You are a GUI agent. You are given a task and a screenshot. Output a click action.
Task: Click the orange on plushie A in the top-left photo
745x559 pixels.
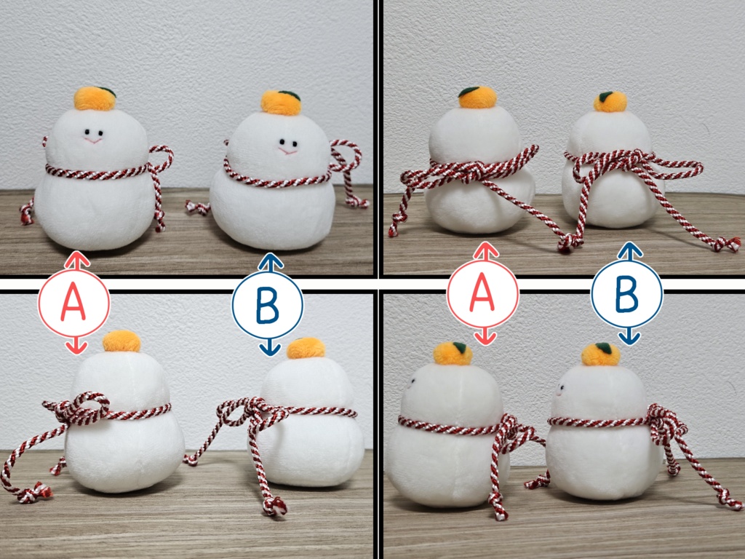click(x=95, y=98)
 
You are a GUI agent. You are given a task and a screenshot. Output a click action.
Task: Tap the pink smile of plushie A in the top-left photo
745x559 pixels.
click(x=93, y=140)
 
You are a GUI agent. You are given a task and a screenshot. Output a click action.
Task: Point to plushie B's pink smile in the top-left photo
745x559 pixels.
click(x=287, y=151)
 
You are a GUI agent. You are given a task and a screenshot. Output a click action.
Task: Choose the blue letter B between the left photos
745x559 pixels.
click(x=267, y=305)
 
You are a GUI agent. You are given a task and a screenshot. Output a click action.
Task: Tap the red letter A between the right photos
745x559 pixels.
click(x=482, y=294)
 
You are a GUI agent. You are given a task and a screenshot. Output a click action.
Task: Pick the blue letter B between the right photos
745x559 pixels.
click(x=626, y=293)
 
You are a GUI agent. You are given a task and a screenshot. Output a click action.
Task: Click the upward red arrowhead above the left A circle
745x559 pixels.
click(x=77, y=259)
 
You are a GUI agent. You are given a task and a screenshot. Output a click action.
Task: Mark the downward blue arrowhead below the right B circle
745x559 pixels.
click(x=629, y=337)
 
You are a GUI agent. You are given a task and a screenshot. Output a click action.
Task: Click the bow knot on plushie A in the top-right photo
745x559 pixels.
click(x=471, y=170)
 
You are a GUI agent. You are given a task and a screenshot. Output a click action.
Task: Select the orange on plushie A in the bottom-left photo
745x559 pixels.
click(x=121, y=341)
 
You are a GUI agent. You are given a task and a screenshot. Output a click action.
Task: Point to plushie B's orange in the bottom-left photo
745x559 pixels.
click(x=306, y=348)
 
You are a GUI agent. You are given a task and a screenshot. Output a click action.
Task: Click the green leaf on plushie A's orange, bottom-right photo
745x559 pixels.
click(x=459, y=347)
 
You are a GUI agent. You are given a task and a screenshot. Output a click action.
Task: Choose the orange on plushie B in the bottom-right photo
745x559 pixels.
click(x=601, y=354)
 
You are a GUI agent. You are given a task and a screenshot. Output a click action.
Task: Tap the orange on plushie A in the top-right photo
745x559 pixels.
click(x=477, y=98)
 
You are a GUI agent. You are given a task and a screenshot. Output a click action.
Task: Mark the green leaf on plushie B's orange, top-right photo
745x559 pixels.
click(x=605, y=97)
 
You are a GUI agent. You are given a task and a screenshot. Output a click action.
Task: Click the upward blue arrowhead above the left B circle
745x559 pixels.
click(x=271, y=261)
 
